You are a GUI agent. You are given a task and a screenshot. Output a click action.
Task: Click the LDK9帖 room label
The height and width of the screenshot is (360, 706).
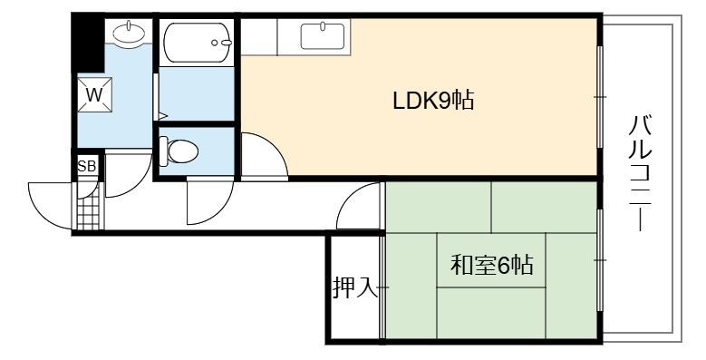[x=433, y=101]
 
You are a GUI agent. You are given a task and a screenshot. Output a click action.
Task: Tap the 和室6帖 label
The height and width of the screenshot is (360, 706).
[x=492, y=265]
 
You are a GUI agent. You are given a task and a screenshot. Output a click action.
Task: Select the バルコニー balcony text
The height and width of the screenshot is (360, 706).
[x=640, y=173]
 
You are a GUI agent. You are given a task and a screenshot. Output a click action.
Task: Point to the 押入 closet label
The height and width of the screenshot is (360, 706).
[x=354, y=287]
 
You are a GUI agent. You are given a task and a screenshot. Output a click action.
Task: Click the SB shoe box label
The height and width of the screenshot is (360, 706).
[x=87, y=166]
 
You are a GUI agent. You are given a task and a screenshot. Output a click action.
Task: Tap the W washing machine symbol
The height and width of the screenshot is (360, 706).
[x=94, y=94]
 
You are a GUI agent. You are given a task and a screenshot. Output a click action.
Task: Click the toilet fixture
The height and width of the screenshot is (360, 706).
[x=179, y=151]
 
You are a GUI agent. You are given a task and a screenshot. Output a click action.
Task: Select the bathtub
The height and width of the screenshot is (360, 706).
[x=198, y=43]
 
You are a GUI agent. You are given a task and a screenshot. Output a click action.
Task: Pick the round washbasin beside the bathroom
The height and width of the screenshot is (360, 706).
[x=129, y=32]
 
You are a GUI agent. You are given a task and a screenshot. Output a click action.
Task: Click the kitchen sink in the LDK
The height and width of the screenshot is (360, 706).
[x=323, y=36]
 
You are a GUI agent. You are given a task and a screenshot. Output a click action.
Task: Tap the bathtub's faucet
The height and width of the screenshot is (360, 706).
[x=222, y=43]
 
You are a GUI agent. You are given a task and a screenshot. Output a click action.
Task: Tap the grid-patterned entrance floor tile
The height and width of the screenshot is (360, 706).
[x=88, y=212]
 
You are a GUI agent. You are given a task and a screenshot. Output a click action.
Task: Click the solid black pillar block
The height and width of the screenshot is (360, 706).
[x=88, y=44]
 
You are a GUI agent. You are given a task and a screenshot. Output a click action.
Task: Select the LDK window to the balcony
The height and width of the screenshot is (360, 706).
[x=600, y=96]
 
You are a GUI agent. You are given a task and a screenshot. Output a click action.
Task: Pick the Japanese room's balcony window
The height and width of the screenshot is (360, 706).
[x=600, y=260]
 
